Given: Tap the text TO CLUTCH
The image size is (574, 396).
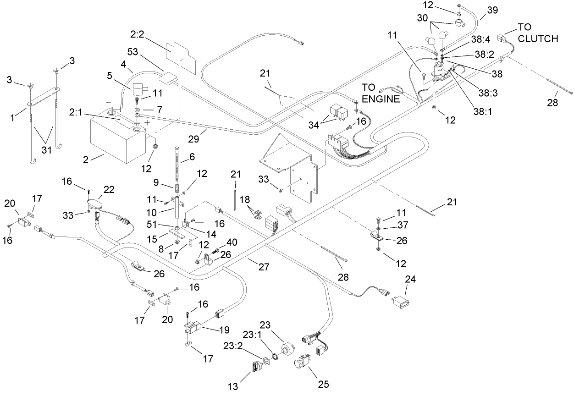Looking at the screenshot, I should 538,33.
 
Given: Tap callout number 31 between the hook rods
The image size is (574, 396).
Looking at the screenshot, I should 46,150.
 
